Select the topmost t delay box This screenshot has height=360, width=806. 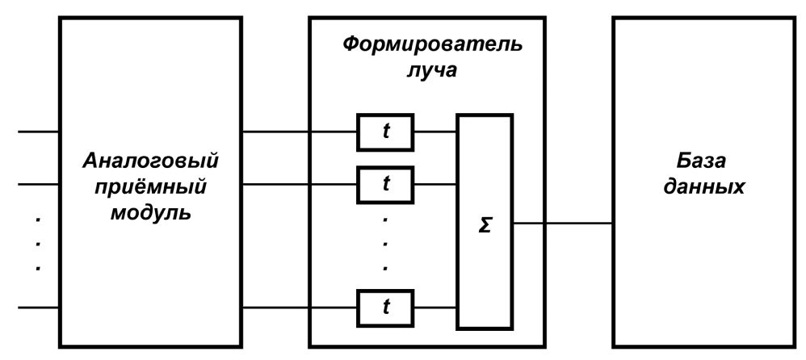(x=384, y=132)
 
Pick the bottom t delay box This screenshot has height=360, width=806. (x=384, y=308)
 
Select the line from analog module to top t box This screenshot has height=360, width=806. (x=299, y=132)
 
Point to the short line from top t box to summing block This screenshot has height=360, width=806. (x=435, y=132)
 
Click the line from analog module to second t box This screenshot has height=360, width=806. (x=299, y=184)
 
